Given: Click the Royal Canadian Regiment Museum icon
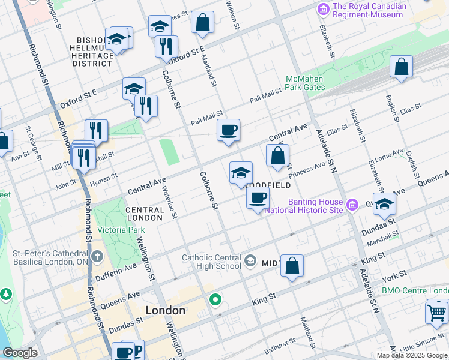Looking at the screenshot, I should (x=323, y=10).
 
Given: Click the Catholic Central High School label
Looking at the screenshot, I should (x=212, y=262).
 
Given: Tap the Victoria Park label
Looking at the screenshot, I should (x=121, y=230).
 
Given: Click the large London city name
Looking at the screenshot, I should (x=166, y=310).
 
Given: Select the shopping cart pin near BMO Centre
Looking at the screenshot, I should (x=436, y=312).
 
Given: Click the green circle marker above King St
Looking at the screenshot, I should (x=215, y=299).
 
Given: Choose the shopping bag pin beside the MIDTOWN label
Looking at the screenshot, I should (x=292, y=266).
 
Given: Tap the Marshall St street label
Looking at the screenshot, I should (x=381, y=238).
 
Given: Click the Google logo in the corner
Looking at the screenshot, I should (x=19, y=353).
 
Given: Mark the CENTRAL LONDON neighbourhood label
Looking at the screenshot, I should (x=145, y=214).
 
